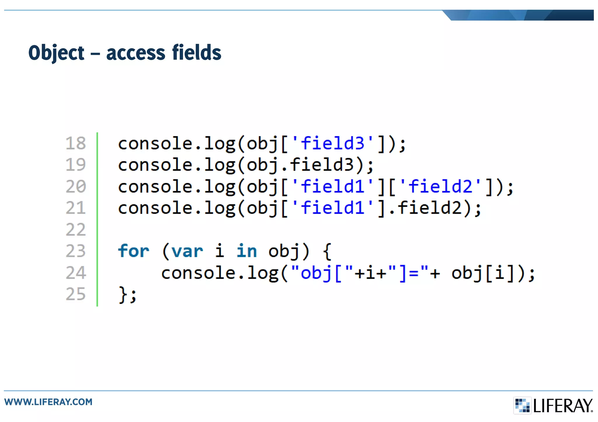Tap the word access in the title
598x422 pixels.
(135, 53)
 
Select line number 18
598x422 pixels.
(76, 143)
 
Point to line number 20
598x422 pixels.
(76, 186)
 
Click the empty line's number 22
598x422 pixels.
(76, 230)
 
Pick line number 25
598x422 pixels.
(76, 294)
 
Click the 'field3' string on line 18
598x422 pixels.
(332, 143)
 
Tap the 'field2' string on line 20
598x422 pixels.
(440, 186)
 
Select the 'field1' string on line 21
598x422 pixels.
(332, 208)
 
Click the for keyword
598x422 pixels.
(133, 251)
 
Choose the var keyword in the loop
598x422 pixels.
(187, 251)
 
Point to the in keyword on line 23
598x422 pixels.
(247, 251)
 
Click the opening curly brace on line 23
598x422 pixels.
(327, 251)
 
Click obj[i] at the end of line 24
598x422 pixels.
(482, 273)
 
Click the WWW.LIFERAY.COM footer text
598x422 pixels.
(48, 402)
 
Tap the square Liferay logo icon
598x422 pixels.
(522, 405)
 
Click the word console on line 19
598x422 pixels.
(155, 165)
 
